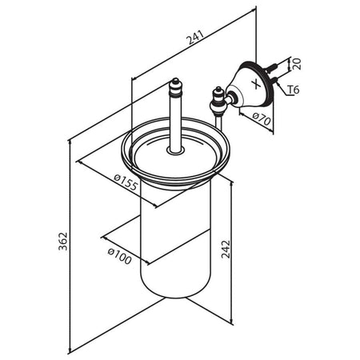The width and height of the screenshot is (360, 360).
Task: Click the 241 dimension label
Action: coord(195,38)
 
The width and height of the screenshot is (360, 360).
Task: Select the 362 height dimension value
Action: coord(63,242)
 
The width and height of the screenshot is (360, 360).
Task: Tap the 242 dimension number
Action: coord(226,249)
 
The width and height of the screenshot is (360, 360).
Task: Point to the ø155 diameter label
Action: coord(126,182)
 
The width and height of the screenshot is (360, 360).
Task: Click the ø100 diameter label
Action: coord(120,256)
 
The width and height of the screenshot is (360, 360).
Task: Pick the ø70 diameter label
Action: coord(262,118)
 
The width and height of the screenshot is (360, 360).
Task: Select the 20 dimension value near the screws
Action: coord(297,64)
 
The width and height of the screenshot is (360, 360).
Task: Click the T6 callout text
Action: coord(294,90)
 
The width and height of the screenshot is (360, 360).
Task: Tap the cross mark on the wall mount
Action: coord(257,83)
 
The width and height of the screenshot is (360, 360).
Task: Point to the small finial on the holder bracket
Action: coord(217,93)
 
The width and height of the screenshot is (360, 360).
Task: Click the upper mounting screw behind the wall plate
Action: coord(271,67)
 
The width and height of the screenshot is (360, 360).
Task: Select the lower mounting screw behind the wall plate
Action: coord(274,79)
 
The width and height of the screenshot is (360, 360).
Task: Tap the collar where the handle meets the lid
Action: coord(175,151)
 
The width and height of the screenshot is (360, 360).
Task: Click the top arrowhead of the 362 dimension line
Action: coord(70,143)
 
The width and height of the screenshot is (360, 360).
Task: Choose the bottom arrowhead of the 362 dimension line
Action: coord(70,350)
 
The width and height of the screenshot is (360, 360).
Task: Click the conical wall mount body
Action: coord(250,86)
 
